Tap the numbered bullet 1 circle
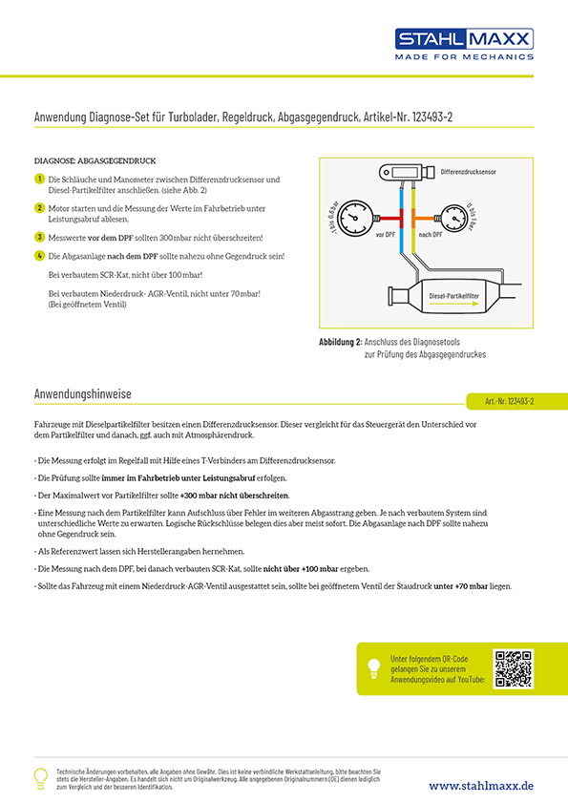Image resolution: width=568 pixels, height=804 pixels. (39, 180)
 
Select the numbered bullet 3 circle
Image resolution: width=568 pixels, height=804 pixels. (39, 236)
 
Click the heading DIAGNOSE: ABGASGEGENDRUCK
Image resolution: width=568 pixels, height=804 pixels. (95, 161)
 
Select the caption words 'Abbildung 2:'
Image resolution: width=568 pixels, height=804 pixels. (341, 342)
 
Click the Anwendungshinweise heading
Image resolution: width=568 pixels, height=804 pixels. (82, 393)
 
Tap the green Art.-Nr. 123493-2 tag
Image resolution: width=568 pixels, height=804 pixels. (508, 401)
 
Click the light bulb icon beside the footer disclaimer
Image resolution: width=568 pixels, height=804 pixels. (40, 777)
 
